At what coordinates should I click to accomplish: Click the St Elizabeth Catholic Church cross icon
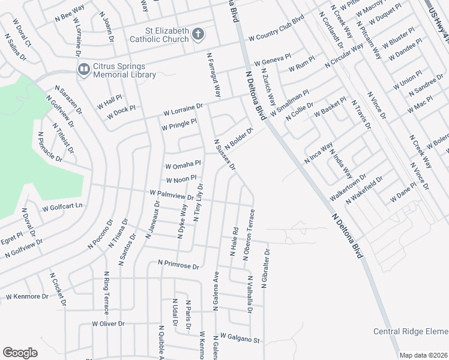click(199, 35)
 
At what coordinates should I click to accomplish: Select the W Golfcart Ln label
click(62, 208)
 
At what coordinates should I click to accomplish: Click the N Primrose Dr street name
click(178, 263)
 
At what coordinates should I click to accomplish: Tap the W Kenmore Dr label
click(27, 296)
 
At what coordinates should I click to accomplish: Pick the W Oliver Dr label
click(108, 323)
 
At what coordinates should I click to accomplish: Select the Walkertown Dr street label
click(348, 189)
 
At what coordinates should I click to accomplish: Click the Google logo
click(20, 353)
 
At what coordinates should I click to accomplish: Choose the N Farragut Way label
click(214, 75)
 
